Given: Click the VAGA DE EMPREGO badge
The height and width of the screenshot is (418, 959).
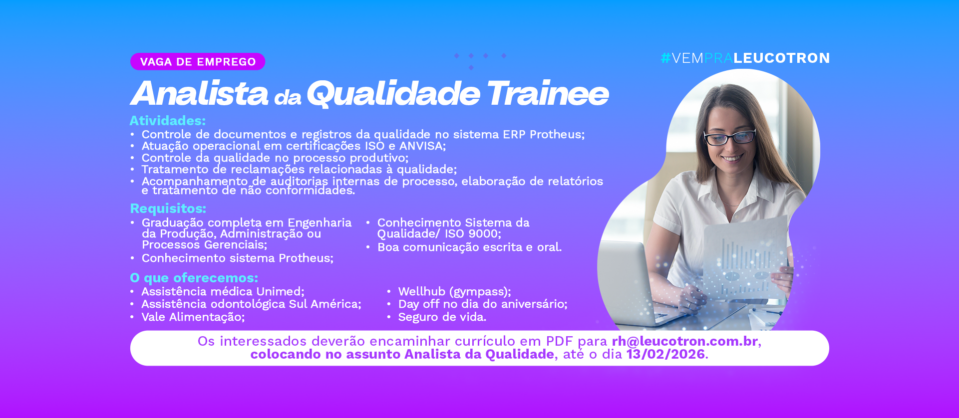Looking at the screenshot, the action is (198, 62).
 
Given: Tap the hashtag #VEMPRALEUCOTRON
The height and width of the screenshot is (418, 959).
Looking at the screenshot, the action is (745, 58).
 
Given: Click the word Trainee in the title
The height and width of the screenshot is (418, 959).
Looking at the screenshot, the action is (548, 93).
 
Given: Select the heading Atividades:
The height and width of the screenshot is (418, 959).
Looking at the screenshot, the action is (168, 121).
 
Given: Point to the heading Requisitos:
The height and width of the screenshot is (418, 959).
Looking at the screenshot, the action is (168, 209).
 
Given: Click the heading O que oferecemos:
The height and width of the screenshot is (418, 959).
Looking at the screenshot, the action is (194, 278).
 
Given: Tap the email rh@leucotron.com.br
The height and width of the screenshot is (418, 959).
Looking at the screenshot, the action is (685, 341).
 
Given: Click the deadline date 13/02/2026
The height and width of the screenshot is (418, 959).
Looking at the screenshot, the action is (665, 354).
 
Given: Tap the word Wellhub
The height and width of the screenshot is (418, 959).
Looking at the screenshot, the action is (422, 292).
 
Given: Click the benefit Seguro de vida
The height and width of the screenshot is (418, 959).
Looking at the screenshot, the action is (442, 317).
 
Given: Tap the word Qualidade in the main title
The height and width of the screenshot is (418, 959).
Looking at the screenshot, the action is (393, 93).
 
